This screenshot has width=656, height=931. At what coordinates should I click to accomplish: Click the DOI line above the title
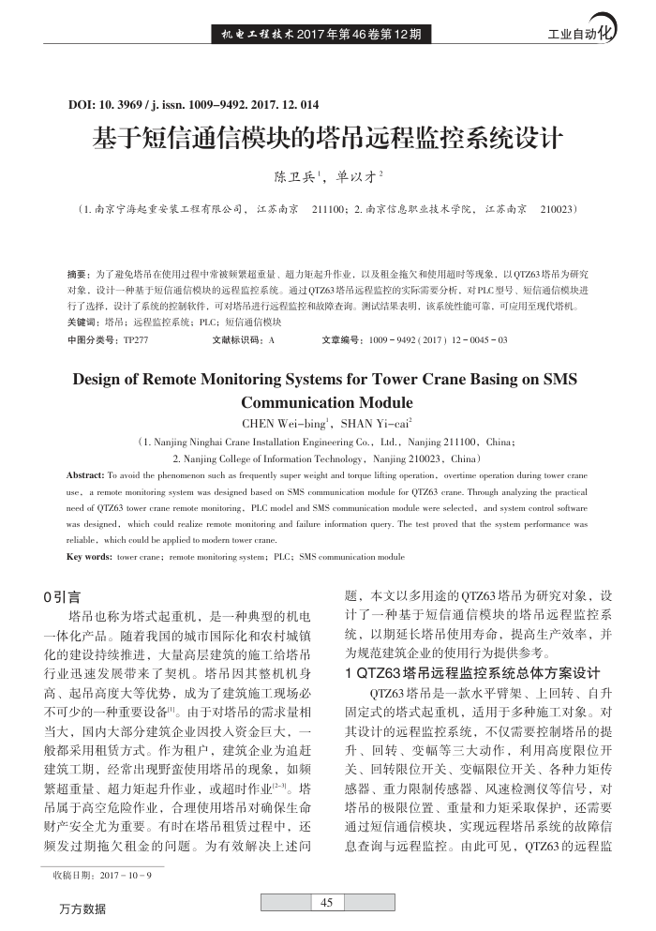194,103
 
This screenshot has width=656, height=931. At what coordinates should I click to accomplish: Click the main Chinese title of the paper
327,138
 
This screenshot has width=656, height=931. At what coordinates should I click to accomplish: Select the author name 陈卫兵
293,176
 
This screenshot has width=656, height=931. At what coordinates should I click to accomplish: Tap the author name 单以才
357,176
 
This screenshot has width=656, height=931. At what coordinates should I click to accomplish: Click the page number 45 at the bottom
327,903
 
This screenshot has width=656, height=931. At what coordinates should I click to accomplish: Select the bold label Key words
89,557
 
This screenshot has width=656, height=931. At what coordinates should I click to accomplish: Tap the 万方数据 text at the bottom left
83,909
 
